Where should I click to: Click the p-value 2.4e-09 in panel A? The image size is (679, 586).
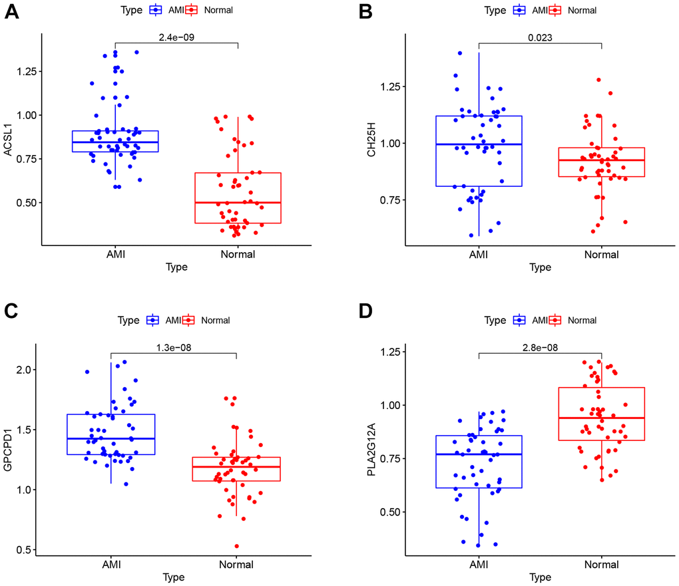pyautogui.click(x=176, y=38)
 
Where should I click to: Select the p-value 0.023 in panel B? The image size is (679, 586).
pyautogui.click(x=540, y=38)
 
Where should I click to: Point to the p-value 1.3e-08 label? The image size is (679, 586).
pyautogui.click(x=173, y=346)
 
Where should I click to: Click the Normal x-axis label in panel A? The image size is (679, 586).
pyautogui.click(x=238, y=254)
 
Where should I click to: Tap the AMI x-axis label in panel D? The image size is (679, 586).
pyautogui.click(x=479, y=564)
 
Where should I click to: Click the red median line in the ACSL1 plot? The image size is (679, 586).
pyautogui.click(x=238, y=202)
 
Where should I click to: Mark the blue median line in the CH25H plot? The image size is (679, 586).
pyautogui.click(x=479, y=144)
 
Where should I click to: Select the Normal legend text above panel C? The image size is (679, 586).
pyautogui.click(x=216, y=320)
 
